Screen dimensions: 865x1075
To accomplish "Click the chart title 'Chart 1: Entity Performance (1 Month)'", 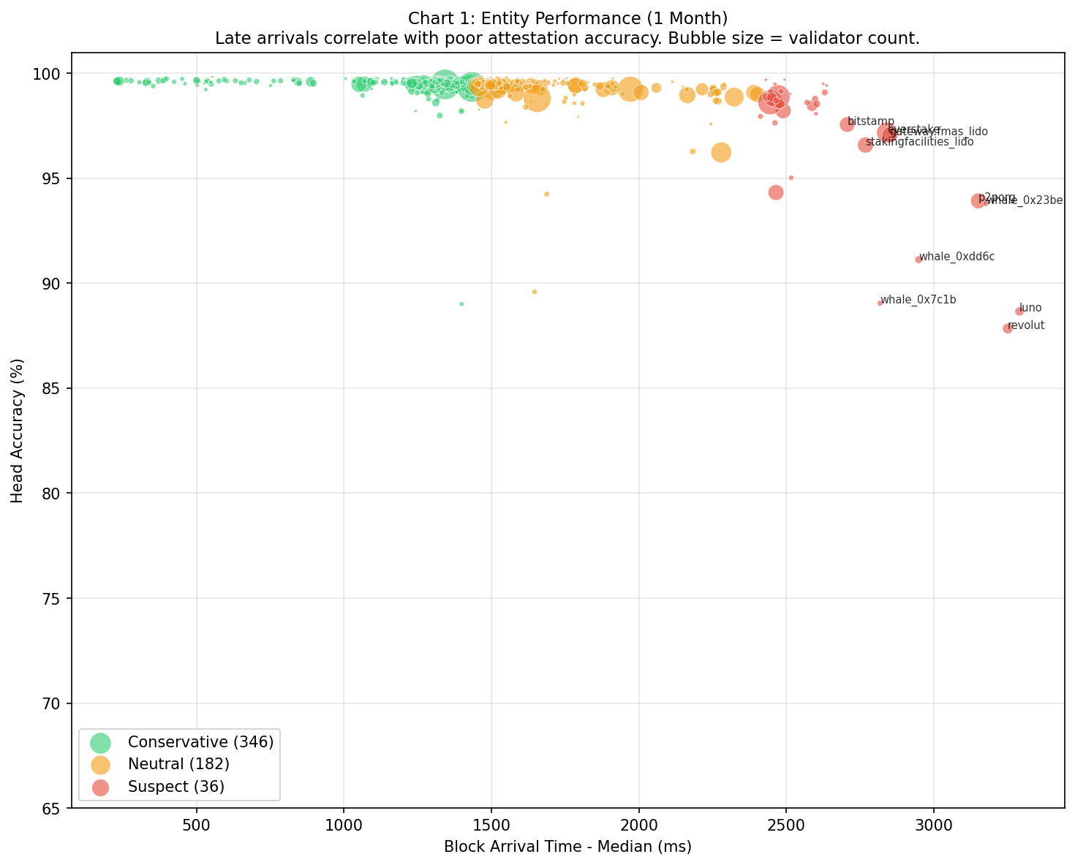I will [567, 18].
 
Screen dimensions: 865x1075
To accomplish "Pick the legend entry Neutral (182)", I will [178, 764].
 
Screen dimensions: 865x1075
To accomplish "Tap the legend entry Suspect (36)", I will [176, 787].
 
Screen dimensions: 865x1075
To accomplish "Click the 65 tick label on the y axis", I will [56, 808].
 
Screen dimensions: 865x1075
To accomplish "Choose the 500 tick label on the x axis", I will [196, 826].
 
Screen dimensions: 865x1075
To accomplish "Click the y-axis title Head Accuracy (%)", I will [17, 430].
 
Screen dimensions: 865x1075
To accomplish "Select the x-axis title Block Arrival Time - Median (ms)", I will [567, 847].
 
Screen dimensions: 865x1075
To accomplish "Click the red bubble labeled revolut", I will [1007, 328].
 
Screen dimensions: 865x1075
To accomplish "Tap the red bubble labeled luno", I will [1019, 311].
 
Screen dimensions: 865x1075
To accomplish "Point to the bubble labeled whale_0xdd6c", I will [919, 260].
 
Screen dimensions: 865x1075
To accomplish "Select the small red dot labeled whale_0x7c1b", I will [880, 303].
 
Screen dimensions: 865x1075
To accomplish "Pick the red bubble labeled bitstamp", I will [847, 124].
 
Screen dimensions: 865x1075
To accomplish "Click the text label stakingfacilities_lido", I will [919, 142].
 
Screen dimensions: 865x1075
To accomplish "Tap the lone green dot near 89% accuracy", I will [461, 304].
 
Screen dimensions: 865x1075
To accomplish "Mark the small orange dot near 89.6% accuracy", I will [534, 292].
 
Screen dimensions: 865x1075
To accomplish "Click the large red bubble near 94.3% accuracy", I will [776, 192].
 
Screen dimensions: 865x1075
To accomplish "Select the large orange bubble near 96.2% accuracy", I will [721, 152].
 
